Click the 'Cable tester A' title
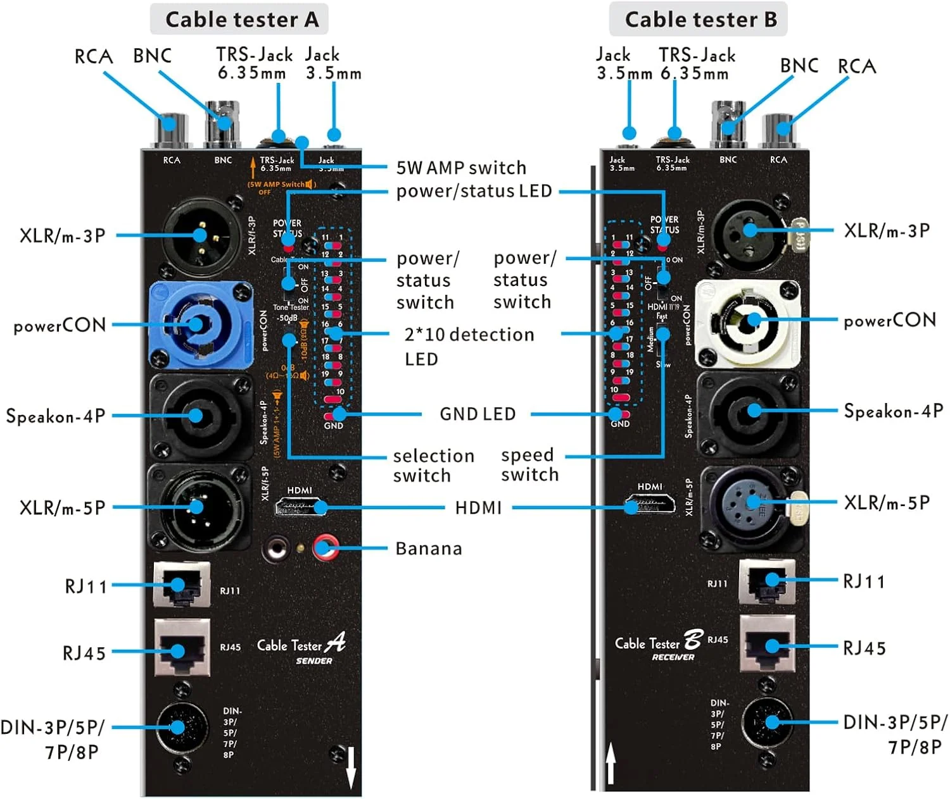click(241, 20)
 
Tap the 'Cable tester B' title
click(700, 20)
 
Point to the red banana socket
click(326, 548)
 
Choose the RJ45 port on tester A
click(182, 649)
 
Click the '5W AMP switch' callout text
click(461, 168)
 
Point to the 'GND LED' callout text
click(478, 414)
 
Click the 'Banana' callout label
click(429, 548)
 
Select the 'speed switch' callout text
click(529, 465)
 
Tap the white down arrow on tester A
click(351, 767)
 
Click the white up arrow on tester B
click(611, 762)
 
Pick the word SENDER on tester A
click(314, 661)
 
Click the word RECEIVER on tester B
click(673, 657)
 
